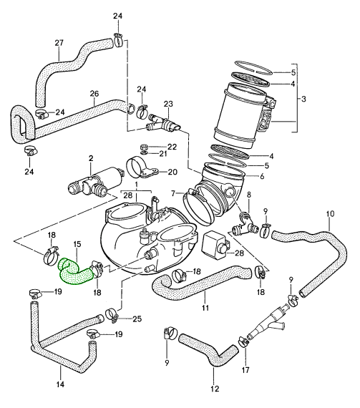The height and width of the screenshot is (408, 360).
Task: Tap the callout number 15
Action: pos(77,245)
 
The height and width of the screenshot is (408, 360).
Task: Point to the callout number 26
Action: pos(94,93)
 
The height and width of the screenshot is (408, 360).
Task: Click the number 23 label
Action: pos(168,105)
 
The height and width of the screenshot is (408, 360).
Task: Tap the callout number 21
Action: pos(162,154)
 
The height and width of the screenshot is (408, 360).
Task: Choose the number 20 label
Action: pos(172,172)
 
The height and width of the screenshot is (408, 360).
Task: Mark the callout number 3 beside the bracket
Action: pos(307,99)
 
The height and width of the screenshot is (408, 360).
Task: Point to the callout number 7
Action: pos(173,193)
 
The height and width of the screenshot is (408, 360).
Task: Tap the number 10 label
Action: pos(330,214)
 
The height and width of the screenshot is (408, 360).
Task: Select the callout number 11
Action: pos(205,309)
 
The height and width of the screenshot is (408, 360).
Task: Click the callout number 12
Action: pos(213,389)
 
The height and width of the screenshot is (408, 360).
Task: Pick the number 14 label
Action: pos(59,385)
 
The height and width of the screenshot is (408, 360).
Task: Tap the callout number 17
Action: pos(246,371)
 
